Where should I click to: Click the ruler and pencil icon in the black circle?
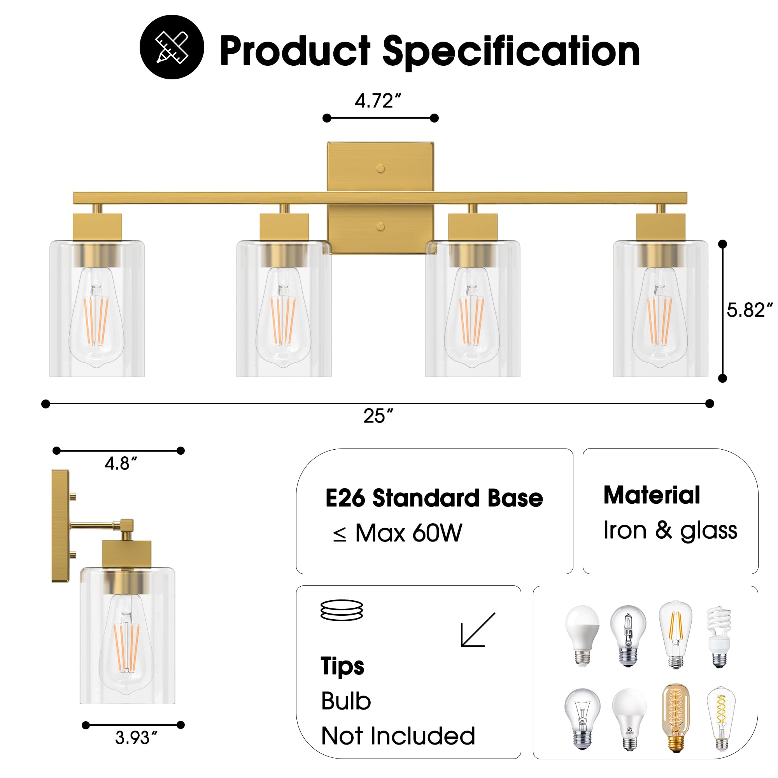[172, 47]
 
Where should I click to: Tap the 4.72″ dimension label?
[378, 101]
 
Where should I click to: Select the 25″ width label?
[378, 416]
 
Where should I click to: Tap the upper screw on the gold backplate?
[380, 169]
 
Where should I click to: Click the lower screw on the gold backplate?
[380, 227]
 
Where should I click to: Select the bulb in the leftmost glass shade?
[96, 318]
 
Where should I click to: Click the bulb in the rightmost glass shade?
[660, 318]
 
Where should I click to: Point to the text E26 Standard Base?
[434, 498]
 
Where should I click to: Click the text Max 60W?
[408, 534]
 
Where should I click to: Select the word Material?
[652, 495]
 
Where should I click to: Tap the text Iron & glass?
[670, 530]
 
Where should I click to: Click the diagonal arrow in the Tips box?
[478, 630]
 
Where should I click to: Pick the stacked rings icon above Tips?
[342, 610]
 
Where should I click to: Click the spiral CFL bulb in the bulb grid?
[719, 637]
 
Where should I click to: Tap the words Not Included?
[398, 736]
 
